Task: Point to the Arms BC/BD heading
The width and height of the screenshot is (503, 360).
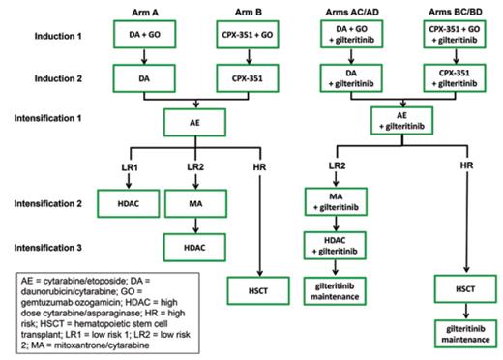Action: tap(458, 11)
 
